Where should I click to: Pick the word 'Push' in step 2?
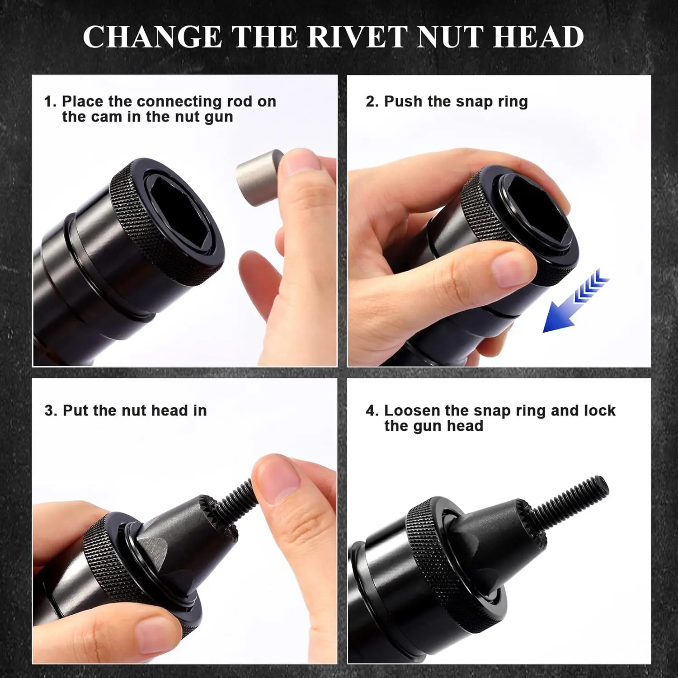404,102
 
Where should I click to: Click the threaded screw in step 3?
235,502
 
